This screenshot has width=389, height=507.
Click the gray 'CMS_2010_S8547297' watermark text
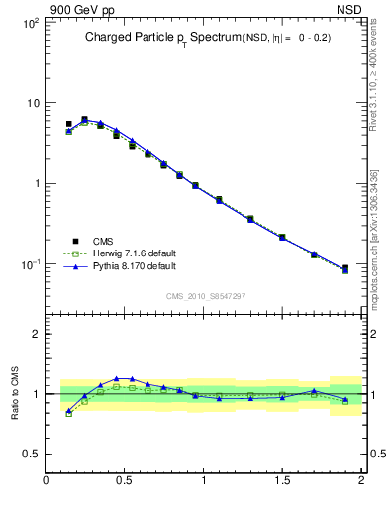tap(205, 296)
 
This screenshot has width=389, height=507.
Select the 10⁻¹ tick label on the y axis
tap(29, 264)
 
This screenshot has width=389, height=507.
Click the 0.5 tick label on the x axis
tap(125, 480)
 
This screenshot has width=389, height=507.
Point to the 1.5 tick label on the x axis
tap(282, 480)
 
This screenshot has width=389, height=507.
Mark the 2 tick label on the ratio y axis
tap(35, 334)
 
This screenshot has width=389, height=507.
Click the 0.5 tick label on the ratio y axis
tap(31, 454)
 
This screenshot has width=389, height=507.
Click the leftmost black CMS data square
tap(68, 124)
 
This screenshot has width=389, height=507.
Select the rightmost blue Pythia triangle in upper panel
tap(345, 267)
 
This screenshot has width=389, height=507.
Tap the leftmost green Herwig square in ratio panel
tap(68, 414)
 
